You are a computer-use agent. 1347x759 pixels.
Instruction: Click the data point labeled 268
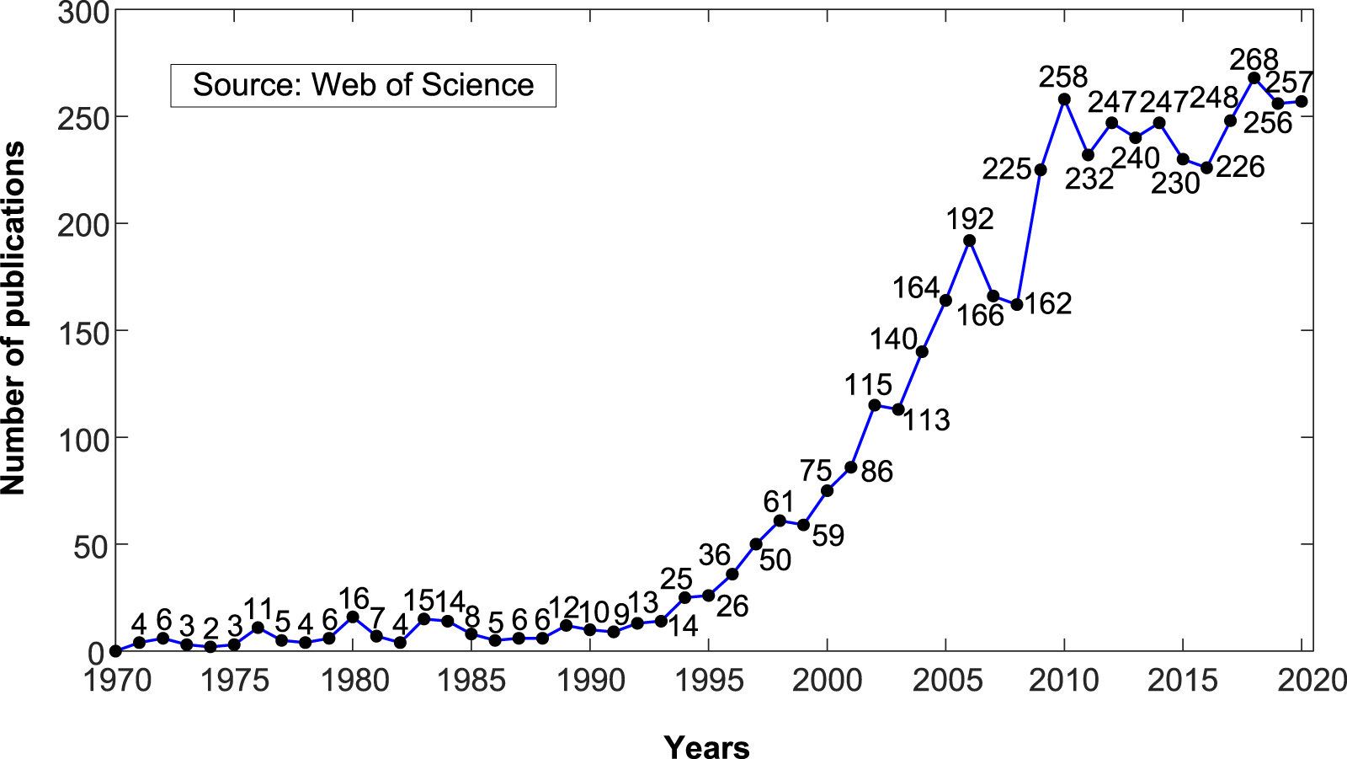click(x=1254, y=78)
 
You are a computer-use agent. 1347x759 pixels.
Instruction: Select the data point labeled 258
click(x=1064, y=99)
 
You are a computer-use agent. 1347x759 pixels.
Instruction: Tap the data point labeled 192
click(x=969, y=241)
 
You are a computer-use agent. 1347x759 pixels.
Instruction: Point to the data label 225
click(x=1007, y=169)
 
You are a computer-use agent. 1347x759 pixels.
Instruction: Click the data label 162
click(x=1048, y=303)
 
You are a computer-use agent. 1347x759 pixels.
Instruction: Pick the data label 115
click(x=868, y=385)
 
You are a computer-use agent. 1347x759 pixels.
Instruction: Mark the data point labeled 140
click(x=922, y=352)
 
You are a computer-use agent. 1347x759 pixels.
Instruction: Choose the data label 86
click(x=876, y=472)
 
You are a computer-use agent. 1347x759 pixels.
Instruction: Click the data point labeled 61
click(x=780, y=521)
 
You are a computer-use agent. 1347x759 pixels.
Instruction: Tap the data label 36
click(x=715, y=555)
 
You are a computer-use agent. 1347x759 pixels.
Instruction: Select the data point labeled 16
click(x=353, y=617)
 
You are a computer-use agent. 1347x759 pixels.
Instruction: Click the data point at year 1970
click(x=116, y=651)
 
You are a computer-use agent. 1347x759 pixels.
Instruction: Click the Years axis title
click(x=706, y=746)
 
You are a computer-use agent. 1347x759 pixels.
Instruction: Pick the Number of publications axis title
click(x=13, y=318)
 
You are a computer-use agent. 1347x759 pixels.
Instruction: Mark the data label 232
click(x=1089, y=179)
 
